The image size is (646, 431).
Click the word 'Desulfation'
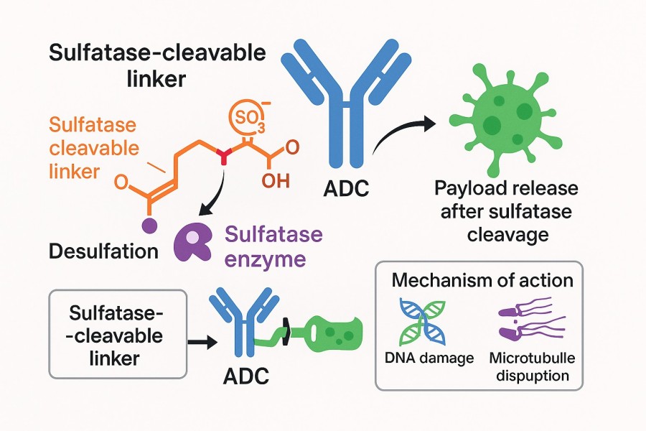[x=104, y=251]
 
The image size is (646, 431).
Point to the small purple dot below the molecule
[x=149, y=226]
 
